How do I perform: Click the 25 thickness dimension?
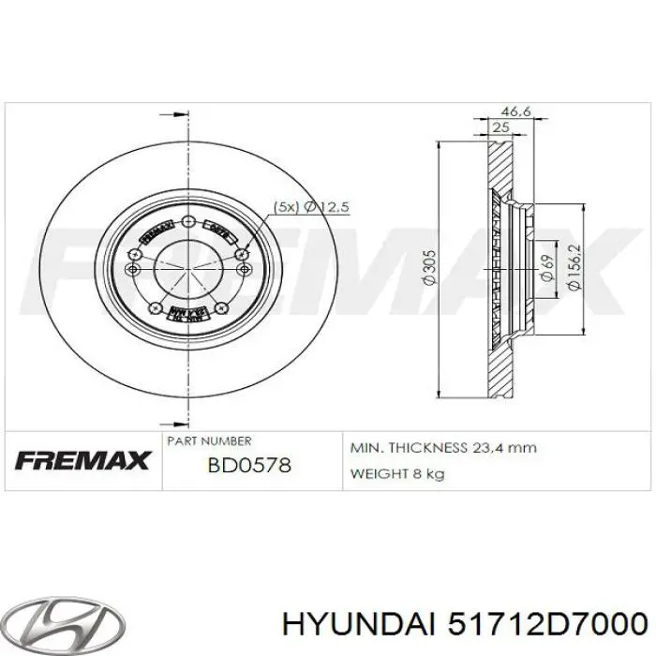[x=500, y=127]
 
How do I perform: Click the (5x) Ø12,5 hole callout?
[x=310, y=208]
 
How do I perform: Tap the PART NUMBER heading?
[x=209, y=440]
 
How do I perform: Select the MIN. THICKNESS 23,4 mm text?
[x=443, y=447]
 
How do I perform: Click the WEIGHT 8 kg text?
[x=396, y=473]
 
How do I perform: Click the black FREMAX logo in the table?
[x=82, y=460]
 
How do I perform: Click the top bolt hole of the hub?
[x=188, y=221]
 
